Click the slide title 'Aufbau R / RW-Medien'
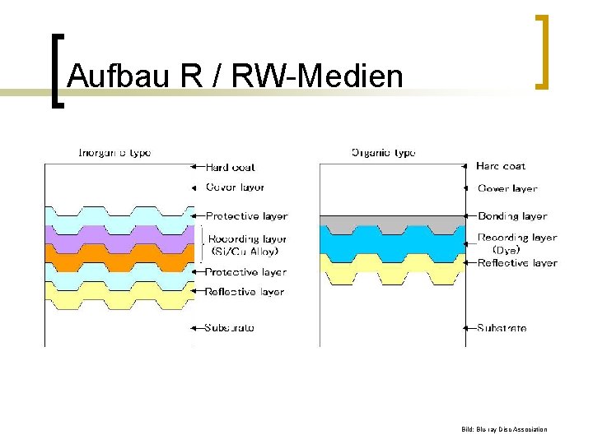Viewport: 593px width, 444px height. [235, 76]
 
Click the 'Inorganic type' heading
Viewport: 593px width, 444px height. [114, 152]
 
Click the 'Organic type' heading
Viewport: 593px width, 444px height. [383, 152]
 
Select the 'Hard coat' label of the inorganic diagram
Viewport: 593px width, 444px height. [230, 168]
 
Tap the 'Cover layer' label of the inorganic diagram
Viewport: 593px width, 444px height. [235, 187]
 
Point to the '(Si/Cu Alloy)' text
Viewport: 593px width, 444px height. [245, 252]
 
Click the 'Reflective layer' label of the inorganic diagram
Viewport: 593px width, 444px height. [245, 292]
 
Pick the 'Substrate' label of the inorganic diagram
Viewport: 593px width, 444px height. [230, 327]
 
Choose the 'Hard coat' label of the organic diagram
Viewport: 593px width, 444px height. [500, 166]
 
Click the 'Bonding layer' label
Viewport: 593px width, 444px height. [512, 216]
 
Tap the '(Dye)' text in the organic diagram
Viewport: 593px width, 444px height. [506, 250]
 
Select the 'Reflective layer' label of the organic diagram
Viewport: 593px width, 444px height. [517, 263]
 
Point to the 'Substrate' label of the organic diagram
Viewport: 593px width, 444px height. [502, 328]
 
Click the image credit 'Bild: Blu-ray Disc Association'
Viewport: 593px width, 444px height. [504, 429]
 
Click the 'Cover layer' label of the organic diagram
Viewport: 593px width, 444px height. [507, 188]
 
